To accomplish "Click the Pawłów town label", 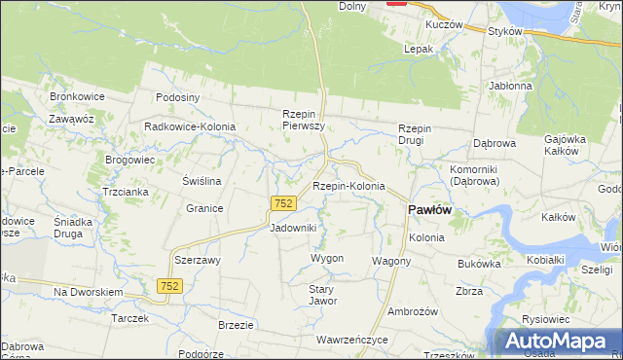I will pyautogui.click(x=427, y=209).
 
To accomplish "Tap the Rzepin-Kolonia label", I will pyautogui.click(x=348, y=186).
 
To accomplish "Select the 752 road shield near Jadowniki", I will pyautogui.click(x=283, y=203).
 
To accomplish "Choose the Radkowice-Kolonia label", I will pyautogui.click(x=186, y=126).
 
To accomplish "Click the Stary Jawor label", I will pyautogui.click(x=322, y=294).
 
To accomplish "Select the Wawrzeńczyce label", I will pyautogui.click(x=351, y=341).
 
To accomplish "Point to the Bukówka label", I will pyautogui.click(x=478, y=264).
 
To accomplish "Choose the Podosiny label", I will pyautogui.click(x=178, y=97).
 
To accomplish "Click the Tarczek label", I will pyautogui.click(x=129, y=318).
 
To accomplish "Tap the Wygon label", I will pyautogui.click(x=327, y=258).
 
